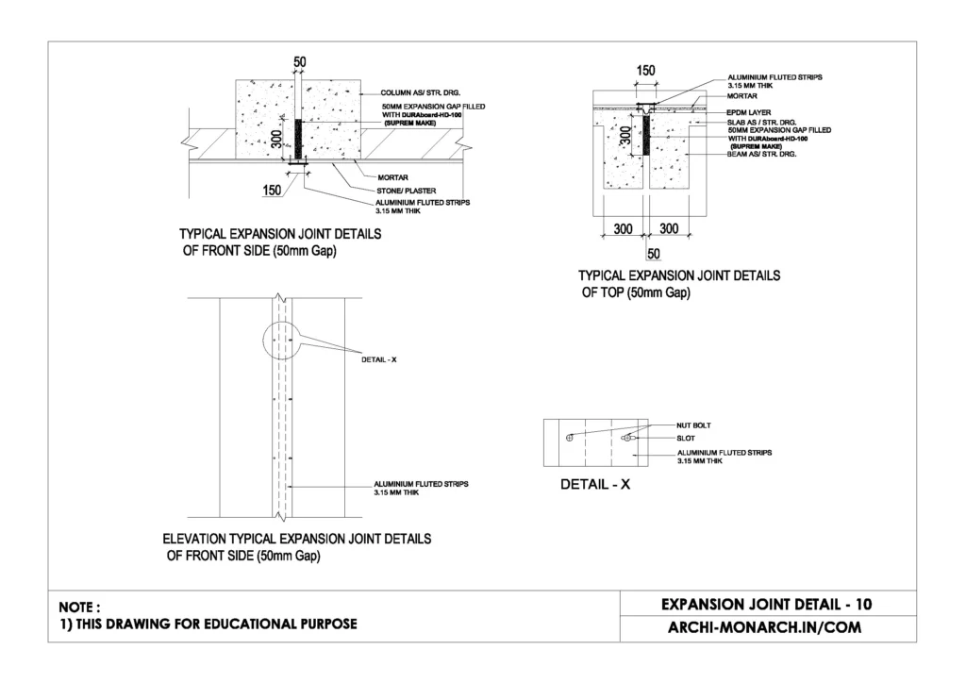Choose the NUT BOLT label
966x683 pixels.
click(x=695, y=425)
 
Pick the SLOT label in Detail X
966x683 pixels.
click(x=688, y=438)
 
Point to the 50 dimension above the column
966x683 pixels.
click(x=300, y=62)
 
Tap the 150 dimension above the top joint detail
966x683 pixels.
click(x=646, y=70)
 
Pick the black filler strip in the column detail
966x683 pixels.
click(x=299, y=141)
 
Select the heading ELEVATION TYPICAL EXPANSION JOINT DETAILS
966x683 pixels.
click(x=298, y=540)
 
